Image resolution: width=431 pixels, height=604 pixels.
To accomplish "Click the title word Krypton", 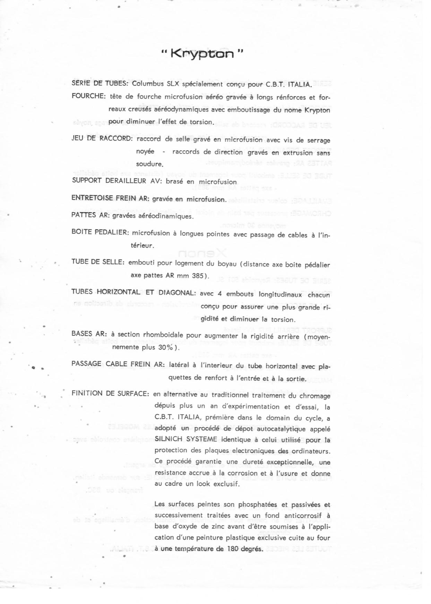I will coord(202,54).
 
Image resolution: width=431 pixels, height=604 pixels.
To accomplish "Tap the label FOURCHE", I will coord(88,96).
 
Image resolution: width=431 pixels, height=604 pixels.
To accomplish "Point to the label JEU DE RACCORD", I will coord(102,139).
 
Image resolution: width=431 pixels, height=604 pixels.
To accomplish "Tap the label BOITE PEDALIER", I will coord(100,232).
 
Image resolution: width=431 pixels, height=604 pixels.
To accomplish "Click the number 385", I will coord(197,276).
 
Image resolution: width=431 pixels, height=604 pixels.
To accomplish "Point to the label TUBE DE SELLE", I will coord(97,262).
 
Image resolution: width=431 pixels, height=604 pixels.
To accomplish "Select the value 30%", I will coord(167,347).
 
